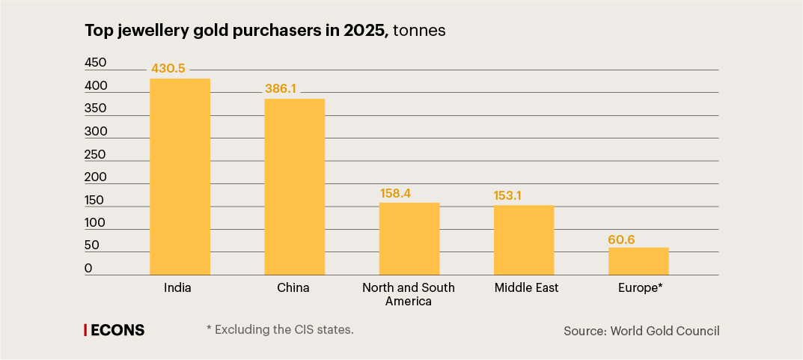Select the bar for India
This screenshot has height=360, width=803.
coord(180,177)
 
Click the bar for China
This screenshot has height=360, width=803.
coord(294,187)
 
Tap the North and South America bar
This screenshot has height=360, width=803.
coord(409,239)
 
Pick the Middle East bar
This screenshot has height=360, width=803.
coord(523,240)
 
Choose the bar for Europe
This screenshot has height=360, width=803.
coord(638,261)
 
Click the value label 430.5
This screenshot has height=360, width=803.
coord(168,68)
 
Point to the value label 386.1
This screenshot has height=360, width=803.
coord(281,88)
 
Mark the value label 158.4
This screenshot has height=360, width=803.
coord(396,193)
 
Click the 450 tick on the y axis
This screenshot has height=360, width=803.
coord(95,62)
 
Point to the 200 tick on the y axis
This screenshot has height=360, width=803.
coord(95,177)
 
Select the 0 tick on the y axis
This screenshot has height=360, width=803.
coord(88,268)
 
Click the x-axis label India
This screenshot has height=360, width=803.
coord(177,287)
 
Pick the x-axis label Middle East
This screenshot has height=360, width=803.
coord(527,287)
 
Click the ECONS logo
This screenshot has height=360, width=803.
coord(114,330)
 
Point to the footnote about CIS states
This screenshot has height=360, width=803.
coord(279,329)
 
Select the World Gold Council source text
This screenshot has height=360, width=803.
coord(641,331)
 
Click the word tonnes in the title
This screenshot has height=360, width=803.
coord(420,31)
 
